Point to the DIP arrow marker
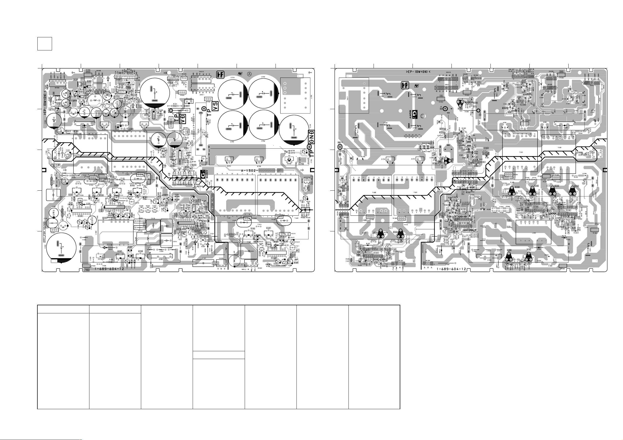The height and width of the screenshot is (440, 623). (x=56, y=165)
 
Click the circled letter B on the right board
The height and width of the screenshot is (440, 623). (x=422, y=116)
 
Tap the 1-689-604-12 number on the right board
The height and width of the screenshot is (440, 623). (x=451, y=269)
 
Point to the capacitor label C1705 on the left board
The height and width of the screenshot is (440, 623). (x=263, y=77)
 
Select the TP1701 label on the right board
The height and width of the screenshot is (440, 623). (x=441, y=102)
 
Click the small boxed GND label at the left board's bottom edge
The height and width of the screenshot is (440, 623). (x=87, y=270)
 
